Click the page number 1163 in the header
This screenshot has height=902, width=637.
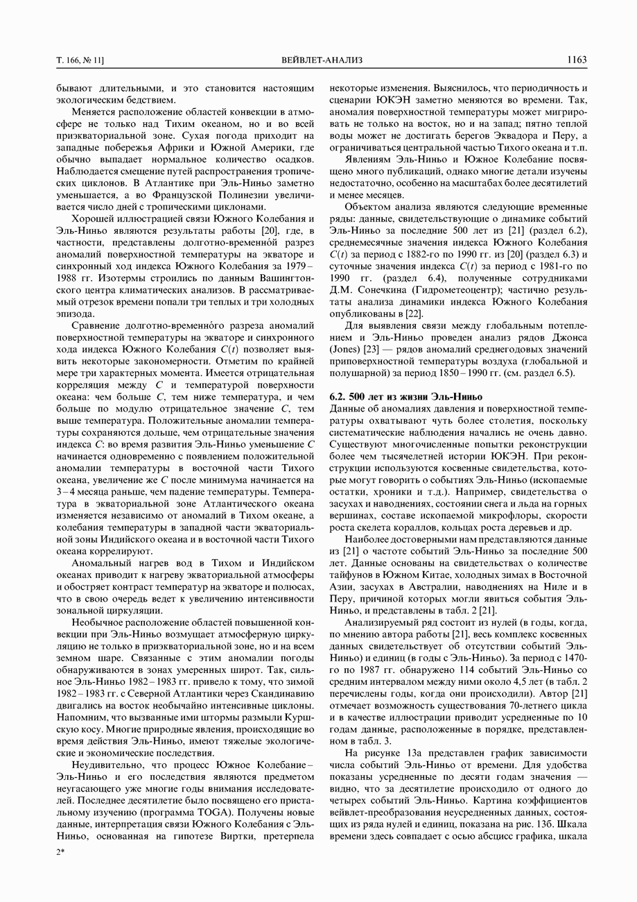pyautogui.click(x=577, y=60)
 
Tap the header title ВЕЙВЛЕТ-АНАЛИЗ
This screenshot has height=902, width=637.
pyautogui.click(x=322, y=60)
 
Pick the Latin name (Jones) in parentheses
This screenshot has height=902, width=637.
pyautogui.click(x=346, y=350)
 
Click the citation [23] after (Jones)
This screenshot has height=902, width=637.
pyautogui.click(x=378, y=350)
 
